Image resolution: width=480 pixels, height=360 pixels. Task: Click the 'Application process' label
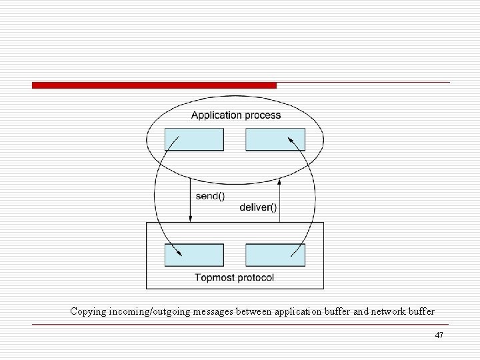236,115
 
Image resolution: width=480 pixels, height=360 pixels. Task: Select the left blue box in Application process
195,139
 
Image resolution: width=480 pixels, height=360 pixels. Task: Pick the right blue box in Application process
275,139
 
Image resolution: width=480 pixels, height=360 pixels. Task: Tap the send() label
210,196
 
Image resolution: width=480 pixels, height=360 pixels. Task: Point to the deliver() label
259,207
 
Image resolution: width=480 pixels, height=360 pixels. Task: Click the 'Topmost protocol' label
234,277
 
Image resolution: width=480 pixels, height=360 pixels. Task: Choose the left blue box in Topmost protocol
195,255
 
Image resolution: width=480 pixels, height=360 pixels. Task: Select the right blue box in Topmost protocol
275,255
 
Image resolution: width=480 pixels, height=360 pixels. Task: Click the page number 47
439,335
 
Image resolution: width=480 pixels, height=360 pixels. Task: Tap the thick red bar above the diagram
154,85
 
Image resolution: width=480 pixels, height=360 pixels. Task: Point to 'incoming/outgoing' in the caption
143,311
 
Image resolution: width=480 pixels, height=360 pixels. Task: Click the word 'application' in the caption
292,311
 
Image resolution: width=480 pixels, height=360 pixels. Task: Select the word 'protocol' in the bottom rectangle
254,277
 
